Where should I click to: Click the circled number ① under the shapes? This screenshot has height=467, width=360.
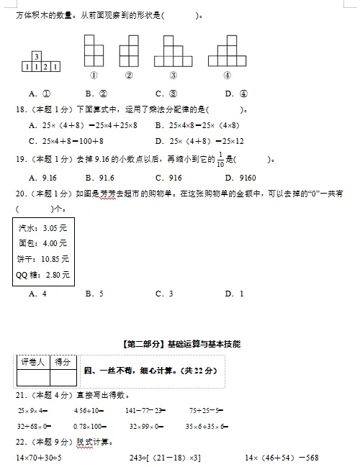[x=94, y=75]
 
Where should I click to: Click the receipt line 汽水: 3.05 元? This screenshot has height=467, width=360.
[x=42, y=227]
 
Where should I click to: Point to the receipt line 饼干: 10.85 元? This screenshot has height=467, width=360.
[x=42, y=259]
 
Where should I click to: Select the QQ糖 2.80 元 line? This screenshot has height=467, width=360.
[x=42, y=275]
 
